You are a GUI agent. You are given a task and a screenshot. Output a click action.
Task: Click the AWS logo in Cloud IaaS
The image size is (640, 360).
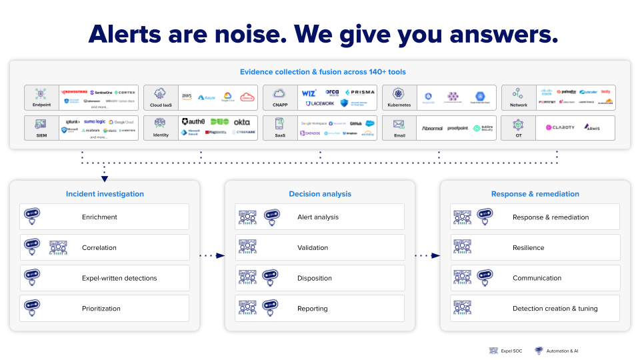pyautogui.click(x=187, y=97)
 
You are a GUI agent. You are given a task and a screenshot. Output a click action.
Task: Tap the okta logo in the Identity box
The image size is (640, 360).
pyautogui.click(x=242, y=122)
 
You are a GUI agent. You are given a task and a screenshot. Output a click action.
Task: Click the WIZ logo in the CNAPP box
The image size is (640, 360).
pyautogui.click(x=309, y=93)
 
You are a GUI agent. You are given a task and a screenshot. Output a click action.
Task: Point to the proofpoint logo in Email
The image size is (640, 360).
pyautogui.click(x=458, y=127)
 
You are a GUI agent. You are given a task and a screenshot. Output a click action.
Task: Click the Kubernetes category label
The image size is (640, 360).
pyautogui.click(x=399, y=105)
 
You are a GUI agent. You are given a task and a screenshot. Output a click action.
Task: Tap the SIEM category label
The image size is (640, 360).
pyautogui.click(x=41, y=135)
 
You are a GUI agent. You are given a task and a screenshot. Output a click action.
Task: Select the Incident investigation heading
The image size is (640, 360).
pyautogui.click(x=105, y=194)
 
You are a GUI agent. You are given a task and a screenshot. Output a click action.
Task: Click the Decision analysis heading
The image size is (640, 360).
pyautogui.click(x=320, y=194)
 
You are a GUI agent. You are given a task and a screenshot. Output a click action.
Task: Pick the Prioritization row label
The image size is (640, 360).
pyautogui.click(x=101, y=309)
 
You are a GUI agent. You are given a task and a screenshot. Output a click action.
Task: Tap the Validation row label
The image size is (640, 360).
pyautogui.click(x=313, y=247)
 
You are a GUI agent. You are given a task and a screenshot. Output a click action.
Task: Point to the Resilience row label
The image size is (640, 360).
pyautogui.click(x=528, y=247)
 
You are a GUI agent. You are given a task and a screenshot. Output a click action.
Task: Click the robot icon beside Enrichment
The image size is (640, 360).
pyautogui.click(x=32, y=217)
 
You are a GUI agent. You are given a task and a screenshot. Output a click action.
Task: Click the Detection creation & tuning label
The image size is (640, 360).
pyautogui.click(x=555, y=309)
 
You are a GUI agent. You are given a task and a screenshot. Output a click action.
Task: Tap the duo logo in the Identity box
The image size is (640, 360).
pyautogui.click(x=219, y=122)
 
